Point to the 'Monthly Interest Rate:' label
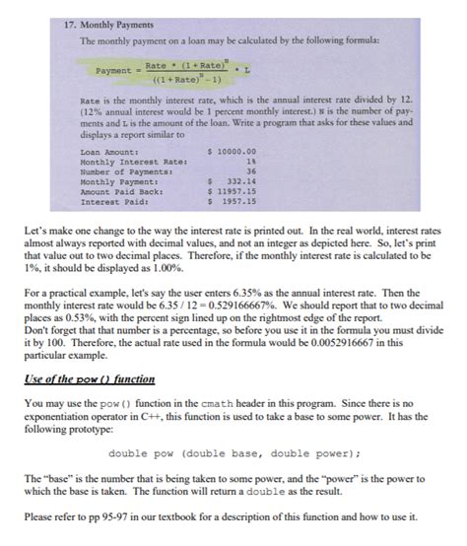pos(133,162)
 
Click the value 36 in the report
pos(251,171)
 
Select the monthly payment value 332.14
pos(242,181)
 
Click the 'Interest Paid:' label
pos(113,201)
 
